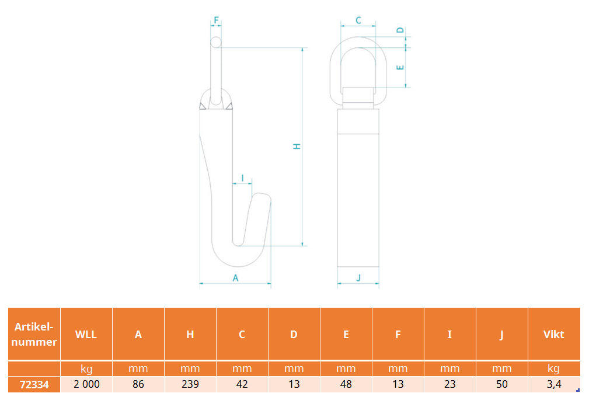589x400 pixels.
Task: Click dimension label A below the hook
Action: tap(235, 278)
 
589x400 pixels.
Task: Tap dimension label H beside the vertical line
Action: tap(297, 146)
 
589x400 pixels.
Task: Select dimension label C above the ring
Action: tap(358, 20)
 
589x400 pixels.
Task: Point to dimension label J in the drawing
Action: tap(358, 278)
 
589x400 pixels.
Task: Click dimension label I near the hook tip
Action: tap(243, 178)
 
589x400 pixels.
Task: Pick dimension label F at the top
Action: tap(216, 20)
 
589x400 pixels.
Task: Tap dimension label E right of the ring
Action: tap(400, 68)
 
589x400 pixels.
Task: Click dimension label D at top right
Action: tap(400, 30)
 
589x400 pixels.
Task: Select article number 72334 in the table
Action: tap(34, 385)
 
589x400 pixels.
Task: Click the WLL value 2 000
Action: tap(86, 384)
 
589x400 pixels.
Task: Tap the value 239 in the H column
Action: tap(190, 384)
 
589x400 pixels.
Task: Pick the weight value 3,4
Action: tap(554, 384)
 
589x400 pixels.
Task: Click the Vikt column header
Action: tap(554, 334)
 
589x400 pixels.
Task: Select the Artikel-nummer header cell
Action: tap(34, 334)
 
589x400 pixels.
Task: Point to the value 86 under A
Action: tap(138, 384)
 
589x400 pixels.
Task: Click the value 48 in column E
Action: tap(346, 384)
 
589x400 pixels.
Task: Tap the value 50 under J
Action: tap(502, 384)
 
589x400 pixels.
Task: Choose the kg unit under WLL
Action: tap(86, 369)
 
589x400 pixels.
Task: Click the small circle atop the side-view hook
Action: tap(215, 42)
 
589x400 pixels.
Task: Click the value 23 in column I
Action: tap(449, 384)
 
